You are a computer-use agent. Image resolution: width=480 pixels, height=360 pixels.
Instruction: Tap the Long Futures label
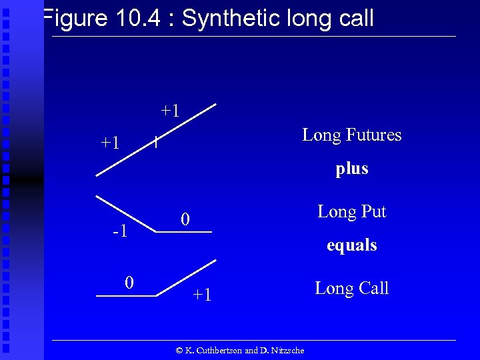point(352,135)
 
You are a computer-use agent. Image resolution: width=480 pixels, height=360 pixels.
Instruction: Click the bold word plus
point(352,169)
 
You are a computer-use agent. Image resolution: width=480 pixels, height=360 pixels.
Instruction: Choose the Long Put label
point(352,212)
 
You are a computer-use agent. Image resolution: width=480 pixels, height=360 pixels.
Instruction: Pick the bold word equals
point(352,245)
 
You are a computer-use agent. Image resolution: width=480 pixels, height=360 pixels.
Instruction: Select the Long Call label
point(352,289)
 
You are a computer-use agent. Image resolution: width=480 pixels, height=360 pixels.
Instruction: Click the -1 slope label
point(121,232)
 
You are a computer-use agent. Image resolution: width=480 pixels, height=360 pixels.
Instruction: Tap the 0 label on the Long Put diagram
point(187,219)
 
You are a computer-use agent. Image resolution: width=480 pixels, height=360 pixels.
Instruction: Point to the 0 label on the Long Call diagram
point(130,283)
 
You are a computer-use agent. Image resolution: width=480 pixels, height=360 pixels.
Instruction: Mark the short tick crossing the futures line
point(155,142)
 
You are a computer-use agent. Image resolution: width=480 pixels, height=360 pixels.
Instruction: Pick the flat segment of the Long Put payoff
point(183,231)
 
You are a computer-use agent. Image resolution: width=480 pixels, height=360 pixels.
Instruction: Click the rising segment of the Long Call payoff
point(187,277)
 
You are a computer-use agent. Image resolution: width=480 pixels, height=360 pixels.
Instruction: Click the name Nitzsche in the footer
point(287,351)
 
